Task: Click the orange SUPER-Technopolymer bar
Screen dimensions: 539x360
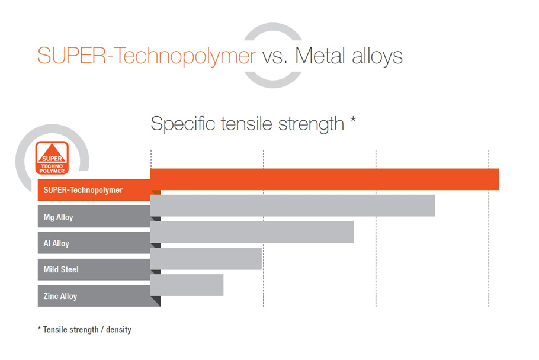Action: coord(325,179)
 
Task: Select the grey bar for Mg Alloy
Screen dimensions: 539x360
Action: coord(293,205)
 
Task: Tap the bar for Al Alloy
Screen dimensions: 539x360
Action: coord(252,232)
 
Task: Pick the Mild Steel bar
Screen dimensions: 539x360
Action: coord(206,259)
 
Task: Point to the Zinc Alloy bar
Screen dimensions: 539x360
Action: coord(187,285)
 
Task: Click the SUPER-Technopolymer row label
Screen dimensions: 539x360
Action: coord(83,190)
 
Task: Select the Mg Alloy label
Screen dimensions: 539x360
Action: coord(58,217)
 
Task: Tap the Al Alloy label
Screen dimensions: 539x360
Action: coord(56,243)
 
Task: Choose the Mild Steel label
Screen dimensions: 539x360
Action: coord(61,269)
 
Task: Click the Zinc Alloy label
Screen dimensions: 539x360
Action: coord(60,296)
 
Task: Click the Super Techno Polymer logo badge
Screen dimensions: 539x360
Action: coord(52,158)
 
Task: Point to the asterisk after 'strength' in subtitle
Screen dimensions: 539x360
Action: coord(352,120)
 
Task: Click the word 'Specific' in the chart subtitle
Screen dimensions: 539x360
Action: coord(183,124)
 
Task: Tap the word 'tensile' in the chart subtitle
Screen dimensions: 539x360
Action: coord(248,124)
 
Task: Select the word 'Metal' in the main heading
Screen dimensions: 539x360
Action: coord(320,56)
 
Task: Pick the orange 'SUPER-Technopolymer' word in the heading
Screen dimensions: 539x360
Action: coord(147,56)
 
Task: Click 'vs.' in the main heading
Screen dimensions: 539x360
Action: coord(275,57)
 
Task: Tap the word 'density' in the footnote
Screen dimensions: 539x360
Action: coord(118,330)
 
